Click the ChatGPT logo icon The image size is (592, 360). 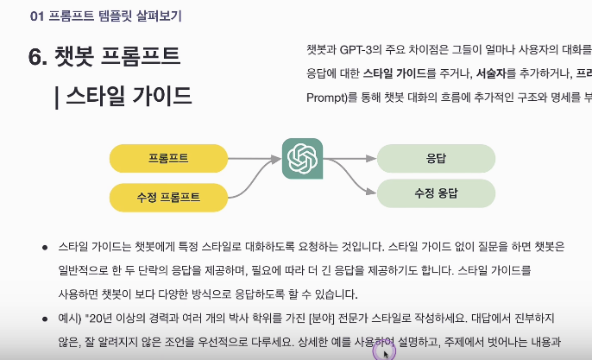coord(302,158)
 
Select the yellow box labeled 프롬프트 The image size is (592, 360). coord(168,157)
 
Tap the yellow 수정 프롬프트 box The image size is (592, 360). coord(168,197)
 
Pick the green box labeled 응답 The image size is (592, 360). coord(436,158)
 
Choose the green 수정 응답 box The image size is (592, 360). coord(436,193)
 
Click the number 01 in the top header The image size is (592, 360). coord(36,16)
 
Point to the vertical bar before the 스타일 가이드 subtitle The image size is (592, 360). coord(56,96)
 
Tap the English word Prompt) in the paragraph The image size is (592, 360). coord(326,97)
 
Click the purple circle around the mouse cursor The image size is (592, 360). coord(384,351)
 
